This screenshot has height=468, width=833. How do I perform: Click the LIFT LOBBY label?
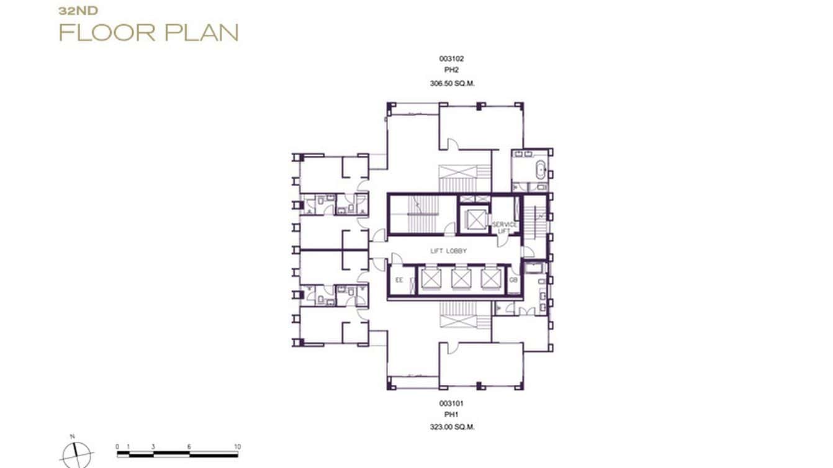pyautogui.click(x=448, y=251)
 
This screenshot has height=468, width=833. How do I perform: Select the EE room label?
pyautogui.click(x=399, y=281)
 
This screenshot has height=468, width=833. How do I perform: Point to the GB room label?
pyautogui.click(x=513, y=281)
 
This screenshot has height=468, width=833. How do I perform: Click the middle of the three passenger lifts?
pyautogui.click(x=460, y=278)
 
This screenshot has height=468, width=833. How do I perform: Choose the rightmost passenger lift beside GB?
pyautogui.click(x=490, y=278)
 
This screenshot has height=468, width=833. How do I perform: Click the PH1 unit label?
pyautogui.click(x=451, y=415)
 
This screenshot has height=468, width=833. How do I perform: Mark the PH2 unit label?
pyautogui.click(x=451, y=71)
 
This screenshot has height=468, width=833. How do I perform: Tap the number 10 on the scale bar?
pyautogui.click(x=237, y=447)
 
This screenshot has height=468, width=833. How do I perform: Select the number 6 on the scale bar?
pyautogui.click(x=189, y=447)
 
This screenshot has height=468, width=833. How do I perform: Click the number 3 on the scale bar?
pyautogui.click(x=153, y=447)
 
